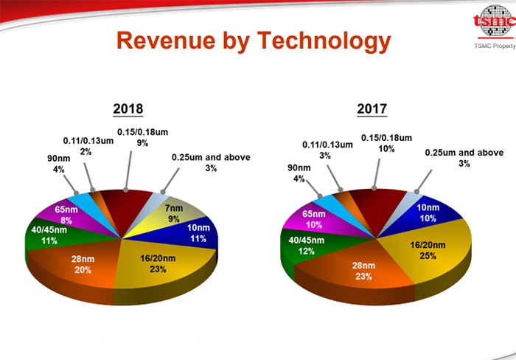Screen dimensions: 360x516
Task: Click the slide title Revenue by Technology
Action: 254,42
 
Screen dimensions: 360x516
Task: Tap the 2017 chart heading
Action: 372,109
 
